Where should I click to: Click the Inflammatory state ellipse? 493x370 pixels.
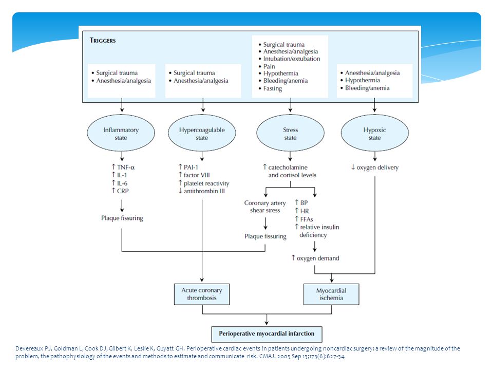point(121,133)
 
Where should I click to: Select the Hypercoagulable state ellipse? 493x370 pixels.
point(202,133)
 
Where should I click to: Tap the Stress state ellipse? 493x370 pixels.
point(290,133)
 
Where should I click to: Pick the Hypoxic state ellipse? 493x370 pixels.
point(375,133)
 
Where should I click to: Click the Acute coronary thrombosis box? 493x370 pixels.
point(202,294)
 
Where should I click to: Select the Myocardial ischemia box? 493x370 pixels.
point(331,294)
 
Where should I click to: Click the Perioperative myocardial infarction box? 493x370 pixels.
point(267,334)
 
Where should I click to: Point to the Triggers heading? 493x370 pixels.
point(103,40)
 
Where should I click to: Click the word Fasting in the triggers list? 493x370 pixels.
point(273,88)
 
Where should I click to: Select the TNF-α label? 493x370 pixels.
point(123,167)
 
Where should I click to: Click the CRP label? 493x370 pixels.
point(120,191)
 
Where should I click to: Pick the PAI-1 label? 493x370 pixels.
point(188,167)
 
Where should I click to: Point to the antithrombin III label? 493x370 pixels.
point(201,191)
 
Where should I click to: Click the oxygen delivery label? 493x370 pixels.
point(375,168)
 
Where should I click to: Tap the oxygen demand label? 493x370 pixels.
point(315,258)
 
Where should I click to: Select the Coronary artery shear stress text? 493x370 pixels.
point(265,207)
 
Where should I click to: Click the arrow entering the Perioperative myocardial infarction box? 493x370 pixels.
point(267,319)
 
